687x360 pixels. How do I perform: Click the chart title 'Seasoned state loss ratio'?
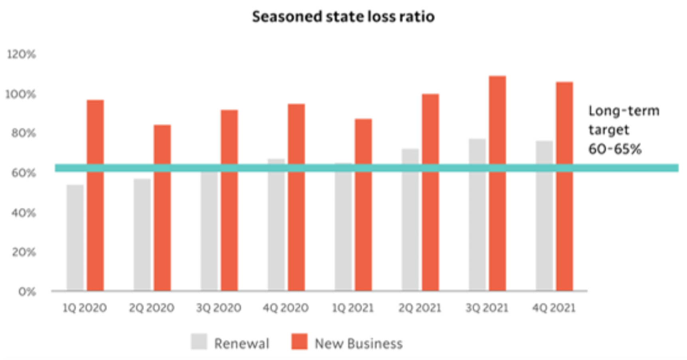pyautogui.click(x=343, y=17)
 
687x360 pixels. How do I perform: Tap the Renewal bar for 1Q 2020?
pyautogui.click(x=75, y=237)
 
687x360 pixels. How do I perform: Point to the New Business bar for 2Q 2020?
pyautogui.click(x=162, y=208)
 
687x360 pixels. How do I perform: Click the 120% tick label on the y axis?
pyautogui.click(x=22, y=54)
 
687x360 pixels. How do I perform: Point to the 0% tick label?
pyautogui.click(x=27, y=292)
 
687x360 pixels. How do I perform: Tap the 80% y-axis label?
pyautogui.click(x=24, y=133)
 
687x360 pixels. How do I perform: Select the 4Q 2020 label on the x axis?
pyautogui.click(x=286, y=308)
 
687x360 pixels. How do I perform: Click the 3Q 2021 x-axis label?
pyautogui.click(x=487, y=308)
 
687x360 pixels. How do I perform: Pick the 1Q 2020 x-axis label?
pyautogui.click(x=85, y=308)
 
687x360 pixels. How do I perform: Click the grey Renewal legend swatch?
pyautogui.click(x=199, y=342)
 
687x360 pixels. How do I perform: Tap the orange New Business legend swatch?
pyautogui.click(x=299, y=342)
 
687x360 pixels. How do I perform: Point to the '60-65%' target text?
pyautogui.click(x=615, y=149)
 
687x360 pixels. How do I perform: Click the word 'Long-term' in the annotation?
pyautogui.click(x=624, y=111)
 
